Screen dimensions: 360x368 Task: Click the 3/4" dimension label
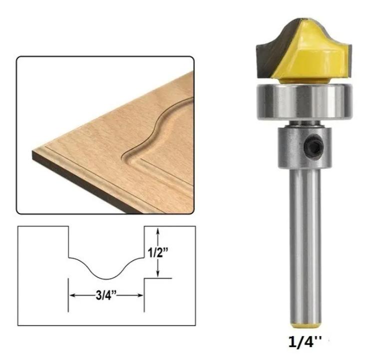(106, 295)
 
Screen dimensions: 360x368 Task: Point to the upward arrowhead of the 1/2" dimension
(158, 231)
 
